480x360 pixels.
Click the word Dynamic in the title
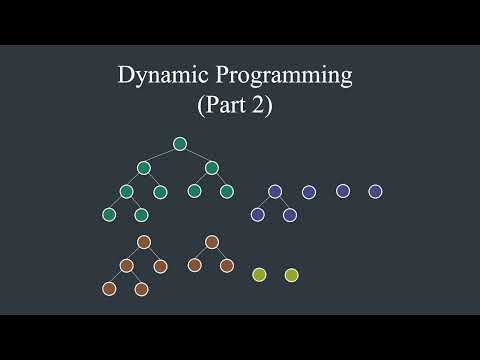(x=154, y=75)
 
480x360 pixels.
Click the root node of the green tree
(x=180, y=144)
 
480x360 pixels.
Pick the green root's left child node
(x=144, y=167)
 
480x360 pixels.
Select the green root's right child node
(x=212, y=167)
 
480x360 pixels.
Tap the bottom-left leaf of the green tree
(x=109, y=214)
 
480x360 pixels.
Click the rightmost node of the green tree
(x=227, y=191)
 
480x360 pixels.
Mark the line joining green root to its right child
(x=196, y=155)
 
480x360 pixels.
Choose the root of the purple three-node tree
(x=274, y=191)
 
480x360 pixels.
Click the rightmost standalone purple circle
(x=375, y=191)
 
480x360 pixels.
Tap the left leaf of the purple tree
(x=257, y=214)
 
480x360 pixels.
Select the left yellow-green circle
(x=259, y=274)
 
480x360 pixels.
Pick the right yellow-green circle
(x=291, y=274)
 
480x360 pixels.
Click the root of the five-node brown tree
(x=144, y=242)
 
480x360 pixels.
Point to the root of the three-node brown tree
(x=211, y=242)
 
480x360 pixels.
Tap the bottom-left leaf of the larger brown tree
(x=109, y=289)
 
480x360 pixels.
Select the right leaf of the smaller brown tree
(x=227, y=265)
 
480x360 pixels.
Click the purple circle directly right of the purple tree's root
(x=308, y=191)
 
